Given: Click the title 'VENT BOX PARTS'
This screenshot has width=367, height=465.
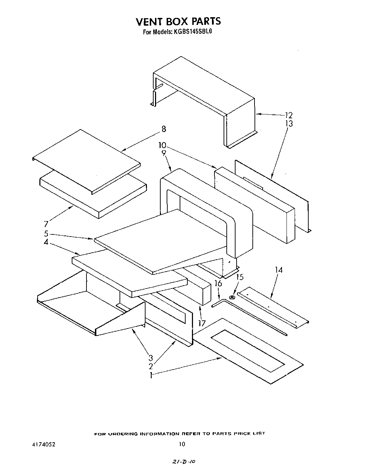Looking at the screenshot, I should [178, 21].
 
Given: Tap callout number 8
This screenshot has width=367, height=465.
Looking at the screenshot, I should [163, 129].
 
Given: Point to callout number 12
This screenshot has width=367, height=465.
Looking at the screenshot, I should [289, 115].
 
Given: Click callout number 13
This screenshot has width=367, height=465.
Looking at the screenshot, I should [289, 124].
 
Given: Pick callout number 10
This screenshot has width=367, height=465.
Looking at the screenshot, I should [162, 145].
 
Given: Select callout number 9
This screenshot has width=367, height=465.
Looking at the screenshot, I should [163, 153].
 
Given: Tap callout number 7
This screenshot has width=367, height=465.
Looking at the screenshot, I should [46, 224].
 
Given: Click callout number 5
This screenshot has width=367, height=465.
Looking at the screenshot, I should [46, 233].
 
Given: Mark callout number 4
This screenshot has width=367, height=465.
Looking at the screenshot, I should [46, 242].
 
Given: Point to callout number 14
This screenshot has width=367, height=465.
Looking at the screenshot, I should [278, 270].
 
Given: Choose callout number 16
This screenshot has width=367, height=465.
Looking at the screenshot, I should [218, 283].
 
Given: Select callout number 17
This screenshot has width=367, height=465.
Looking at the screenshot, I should [201, 323].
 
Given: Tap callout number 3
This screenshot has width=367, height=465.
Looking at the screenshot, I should [150, 358].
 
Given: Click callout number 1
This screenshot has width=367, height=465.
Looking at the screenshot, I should [150, 375].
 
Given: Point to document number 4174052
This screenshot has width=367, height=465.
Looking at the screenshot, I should [43, 444].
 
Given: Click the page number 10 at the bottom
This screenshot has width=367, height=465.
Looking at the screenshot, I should [181, 444].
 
